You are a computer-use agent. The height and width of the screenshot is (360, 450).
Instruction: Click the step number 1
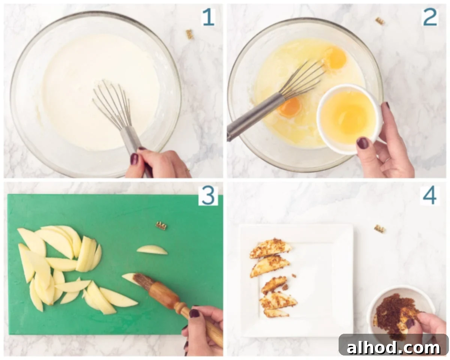click(208, 17)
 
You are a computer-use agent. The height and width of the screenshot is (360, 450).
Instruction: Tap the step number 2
click(430, 17)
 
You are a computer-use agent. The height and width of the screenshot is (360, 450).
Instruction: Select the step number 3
click(208, 195)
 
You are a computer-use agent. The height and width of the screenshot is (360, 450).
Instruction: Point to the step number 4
click(430, 195)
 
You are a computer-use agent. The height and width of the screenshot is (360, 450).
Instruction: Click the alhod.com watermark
click(393, 347)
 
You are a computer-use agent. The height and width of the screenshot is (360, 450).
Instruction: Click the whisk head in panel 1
click(112, 103)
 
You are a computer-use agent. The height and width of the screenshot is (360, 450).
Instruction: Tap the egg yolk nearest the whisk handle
click(289, 107)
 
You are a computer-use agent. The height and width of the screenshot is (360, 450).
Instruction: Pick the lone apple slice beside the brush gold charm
click(152, 250)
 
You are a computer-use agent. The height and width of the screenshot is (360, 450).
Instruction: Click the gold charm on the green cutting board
click(161, 225)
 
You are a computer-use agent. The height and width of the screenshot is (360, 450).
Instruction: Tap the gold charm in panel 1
click(190, 34)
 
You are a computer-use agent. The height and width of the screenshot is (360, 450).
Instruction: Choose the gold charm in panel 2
click(380, 21)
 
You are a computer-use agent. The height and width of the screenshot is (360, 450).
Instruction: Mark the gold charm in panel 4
click(379, 228)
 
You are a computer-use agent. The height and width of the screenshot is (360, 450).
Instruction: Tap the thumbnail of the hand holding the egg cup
click(362, 143)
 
